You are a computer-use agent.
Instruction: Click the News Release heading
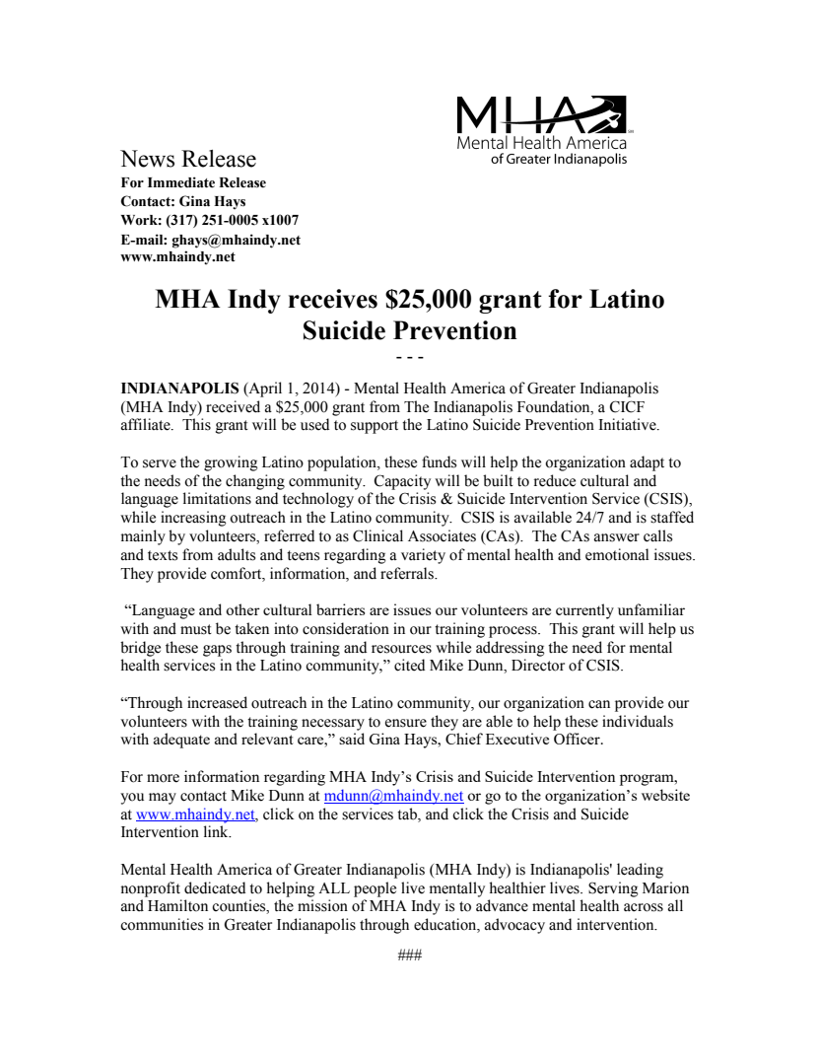(x=187, y=159)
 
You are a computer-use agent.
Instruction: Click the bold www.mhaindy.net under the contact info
(x=177, y=256)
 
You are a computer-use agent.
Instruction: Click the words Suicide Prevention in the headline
(x=409, y=330)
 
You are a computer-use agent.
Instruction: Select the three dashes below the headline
(x=409, y=356)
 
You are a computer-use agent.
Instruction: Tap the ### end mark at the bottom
(x=409, y=956)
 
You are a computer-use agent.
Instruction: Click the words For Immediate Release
(x=193, y=182)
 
